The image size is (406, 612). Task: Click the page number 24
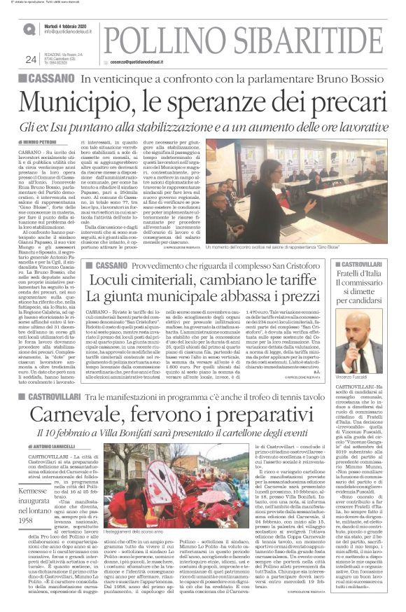31,59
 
